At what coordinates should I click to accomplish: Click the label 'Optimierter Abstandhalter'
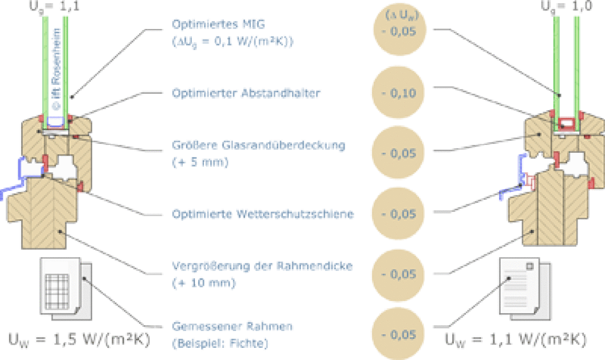[246, 93]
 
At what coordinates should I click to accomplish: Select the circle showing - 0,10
[398, 93]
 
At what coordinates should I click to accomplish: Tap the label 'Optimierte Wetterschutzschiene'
[263, 214]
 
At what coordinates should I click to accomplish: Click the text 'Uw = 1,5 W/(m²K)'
[79, 340]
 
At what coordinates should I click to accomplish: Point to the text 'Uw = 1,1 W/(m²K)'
[516, 340]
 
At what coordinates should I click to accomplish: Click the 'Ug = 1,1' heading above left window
[54, 6]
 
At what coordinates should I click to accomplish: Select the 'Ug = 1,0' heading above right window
[567, 6]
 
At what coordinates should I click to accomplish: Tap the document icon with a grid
[66, 289]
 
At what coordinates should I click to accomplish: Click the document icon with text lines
[525, 289]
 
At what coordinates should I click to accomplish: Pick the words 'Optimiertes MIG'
[218, 24]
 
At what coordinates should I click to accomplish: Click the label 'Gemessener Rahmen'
[232, 326]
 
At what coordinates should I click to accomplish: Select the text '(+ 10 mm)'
[204, 283]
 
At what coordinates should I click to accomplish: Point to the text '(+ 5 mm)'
[200, 162]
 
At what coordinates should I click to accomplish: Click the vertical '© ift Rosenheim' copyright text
[56, 69]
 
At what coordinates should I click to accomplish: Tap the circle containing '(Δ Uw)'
[399, 29]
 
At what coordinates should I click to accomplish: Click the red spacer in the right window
[565, 124]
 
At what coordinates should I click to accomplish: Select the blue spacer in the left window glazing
[55, 122]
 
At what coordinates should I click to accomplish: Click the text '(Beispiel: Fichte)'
[220, 344]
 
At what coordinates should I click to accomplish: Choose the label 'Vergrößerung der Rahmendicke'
[262, 266]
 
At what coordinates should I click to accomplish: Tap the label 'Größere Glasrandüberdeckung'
[259, 145]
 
